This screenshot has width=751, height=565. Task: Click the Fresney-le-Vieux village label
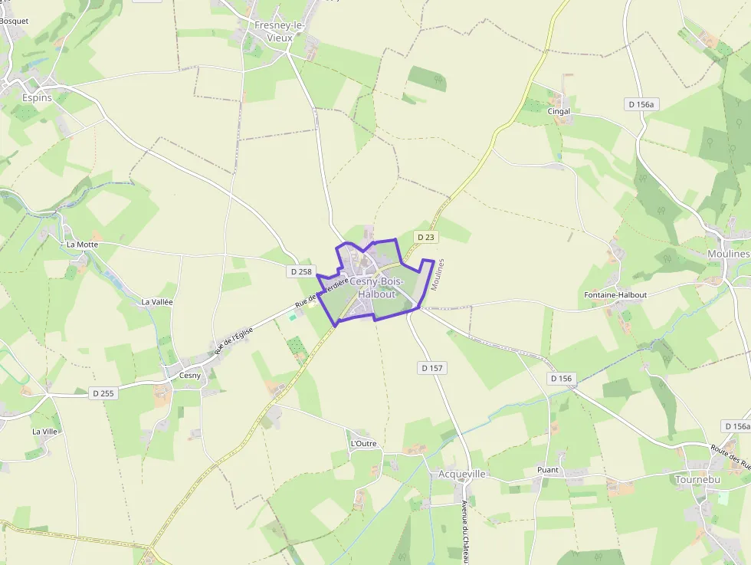pos(280,31)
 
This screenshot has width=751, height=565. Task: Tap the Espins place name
pos(37,98)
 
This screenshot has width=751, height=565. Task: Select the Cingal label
pos(559,111)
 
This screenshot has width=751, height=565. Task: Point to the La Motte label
pos(82,245)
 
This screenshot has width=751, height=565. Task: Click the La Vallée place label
pos(157,302)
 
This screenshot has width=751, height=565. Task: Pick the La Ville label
pos(44,432)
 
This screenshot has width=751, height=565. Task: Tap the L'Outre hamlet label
pos(363,444)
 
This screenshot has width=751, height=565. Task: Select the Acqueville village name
pos(462,474)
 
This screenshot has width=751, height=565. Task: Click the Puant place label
pos(548,470)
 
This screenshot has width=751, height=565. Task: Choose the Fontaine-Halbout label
pos(615,295)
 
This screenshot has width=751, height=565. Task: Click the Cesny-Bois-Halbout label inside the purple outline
pos(376,287)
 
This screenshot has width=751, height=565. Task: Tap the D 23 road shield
pos(425,238)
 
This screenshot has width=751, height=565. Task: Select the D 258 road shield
pos(302,271)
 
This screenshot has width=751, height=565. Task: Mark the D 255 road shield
pos(103,393)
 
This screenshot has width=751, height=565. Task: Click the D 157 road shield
pos(432,368)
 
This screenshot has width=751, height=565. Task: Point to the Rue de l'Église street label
pos(233,340)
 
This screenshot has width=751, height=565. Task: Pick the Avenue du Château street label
pos(465,532)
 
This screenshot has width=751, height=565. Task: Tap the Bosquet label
pos(14,21)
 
